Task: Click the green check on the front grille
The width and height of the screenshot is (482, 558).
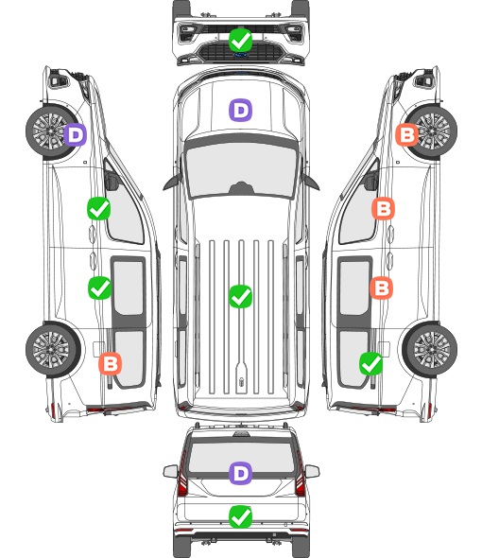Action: (x=240, y=41)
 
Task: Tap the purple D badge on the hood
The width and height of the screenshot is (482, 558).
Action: (x=240, y=110)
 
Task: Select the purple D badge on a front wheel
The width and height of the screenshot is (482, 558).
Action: (x=75, y=134)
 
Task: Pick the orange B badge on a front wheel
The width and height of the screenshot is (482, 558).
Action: (x=407, y=134)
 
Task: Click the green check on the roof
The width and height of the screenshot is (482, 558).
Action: (x=240, y=296)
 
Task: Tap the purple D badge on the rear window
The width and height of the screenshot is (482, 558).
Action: (x=240, y=473)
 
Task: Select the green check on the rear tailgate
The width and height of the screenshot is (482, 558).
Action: (x=240, y=516)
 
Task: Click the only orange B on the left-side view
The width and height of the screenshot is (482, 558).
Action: (x=110, y=363)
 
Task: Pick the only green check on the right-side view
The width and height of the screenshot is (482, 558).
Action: (x=371, y=363)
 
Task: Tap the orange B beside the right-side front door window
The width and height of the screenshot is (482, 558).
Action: (x=383, y=208)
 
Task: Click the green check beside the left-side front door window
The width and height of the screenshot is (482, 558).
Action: (x=98, y=208)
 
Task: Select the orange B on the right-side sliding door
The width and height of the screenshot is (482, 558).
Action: (x=381, y=288)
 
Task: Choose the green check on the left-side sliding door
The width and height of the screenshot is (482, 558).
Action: (x=99, y=288)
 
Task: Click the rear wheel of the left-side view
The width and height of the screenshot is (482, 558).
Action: (x=53, y=350)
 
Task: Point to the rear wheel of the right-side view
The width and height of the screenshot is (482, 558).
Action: (x=430, y=350)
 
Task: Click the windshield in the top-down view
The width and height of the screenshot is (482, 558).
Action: (x=241, y=169)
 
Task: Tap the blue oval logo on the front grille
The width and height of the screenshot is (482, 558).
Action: (x=240, y=55)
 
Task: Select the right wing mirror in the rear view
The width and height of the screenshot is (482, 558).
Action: (x=312, y=472)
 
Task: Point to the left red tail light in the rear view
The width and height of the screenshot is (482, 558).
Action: (x=182, y=477)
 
